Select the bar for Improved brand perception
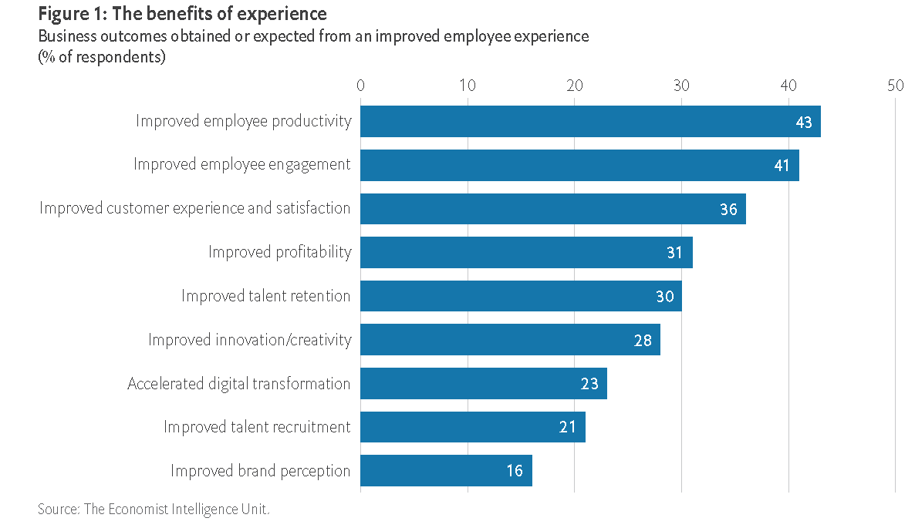(446, 471)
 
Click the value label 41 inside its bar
(782, 166)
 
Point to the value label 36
(728, 209)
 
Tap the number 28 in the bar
(643, 340)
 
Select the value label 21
(568, 427)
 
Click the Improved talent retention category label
(265, 296)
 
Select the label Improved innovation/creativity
(249, 340)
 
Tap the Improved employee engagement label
(241, 165)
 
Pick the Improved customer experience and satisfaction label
(194, 209)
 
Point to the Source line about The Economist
(154, 510)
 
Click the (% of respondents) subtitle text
(101, 57)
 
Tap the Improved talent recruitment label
(257, 427)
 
